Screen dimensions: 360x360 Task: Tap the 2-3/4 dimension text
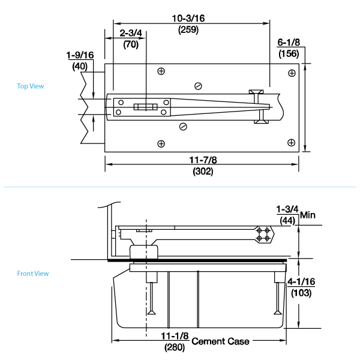131,33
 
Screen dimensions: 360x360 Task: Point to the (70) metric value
131,44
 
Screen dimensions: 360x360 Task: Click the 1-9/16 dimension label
80,55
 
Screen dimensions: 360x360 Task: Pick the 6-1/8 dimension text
289,43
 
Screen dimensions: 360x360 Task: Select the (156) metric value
289,54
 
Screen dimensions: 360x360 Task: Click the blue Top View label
31,86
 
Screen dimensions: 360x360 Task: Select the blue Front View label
33,274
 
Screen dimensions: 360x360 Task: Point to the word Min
308,215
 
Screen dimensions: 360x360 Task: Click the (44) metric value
287,221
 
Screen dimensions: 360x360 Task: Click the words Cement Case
220,341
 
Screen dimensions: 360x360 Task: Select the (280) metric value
175,347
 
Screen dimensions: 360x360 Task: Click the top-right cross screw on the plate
292,73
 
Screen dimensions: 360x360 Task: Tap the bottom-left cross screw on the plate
161,143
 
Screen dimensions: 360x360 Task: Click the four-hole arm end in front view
262,234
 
